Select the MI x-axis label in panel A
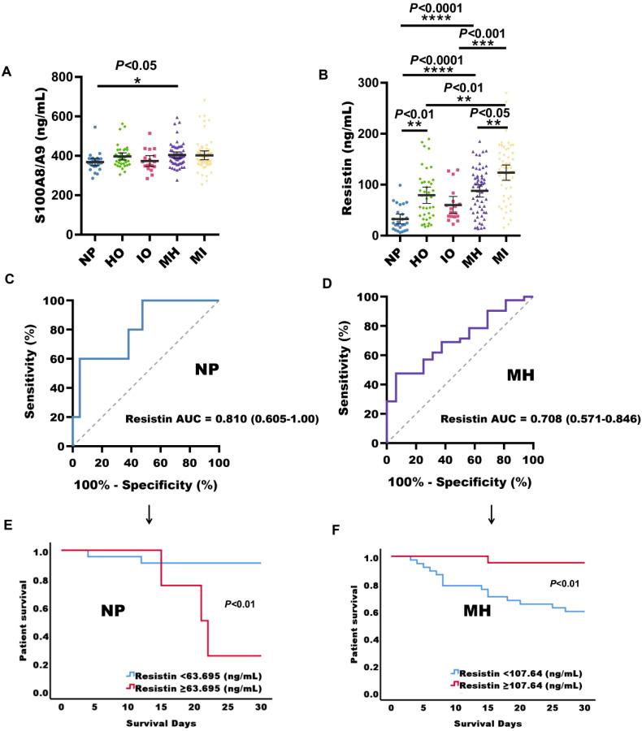pyautogui.click(x=205, y=253)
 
